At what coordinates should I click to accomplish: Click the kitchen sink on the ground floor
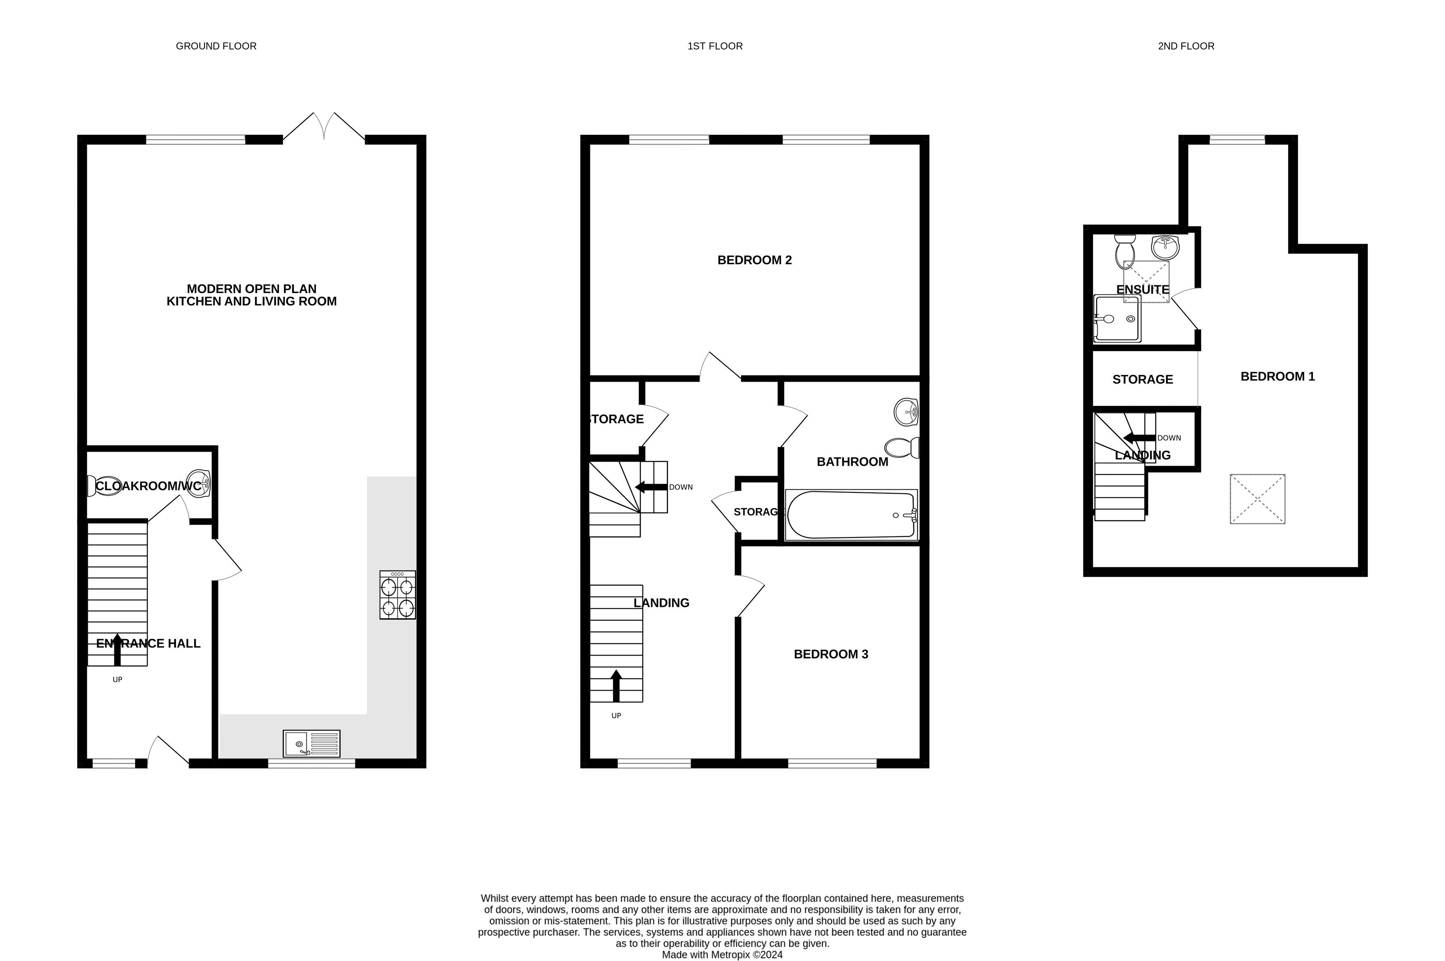pyautogui.click(x=311, y=743)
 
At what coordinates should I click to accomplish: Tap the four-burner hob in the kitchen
pyautogui.click(x=398, y=595)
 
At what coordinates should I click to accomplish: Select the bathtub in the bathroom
pyautogui.click(x=851, y=515)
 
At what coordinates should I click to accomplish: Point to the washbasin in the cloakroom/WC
pyautogui.click(x=199, y=483)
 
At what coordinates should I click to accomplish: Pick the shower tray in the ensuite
pyautogui.click(x=1117, y=319)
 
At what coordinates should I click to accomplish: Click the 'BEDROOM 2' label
pyautogui.click(x=754, y=260)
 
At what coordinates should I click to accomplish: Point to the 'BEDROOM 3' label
pyautogui.click(x=831, y=654)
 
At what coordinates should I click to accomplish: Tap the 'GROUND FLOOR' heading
pyautogui.click(x=216, y=46)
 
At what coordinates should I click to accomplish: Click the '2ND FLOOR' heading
pyautogui.click(x=1186, y=46)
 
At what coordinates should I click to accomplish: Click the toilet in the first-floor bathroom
pyautogui.click(x=902, y=448)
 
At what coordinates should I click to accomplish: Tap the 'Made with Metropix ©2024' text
pyautogui.click(x=722, y=955)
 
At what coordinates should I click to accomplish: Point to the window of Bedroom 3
pyautogui.click(x=832, y=763)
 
